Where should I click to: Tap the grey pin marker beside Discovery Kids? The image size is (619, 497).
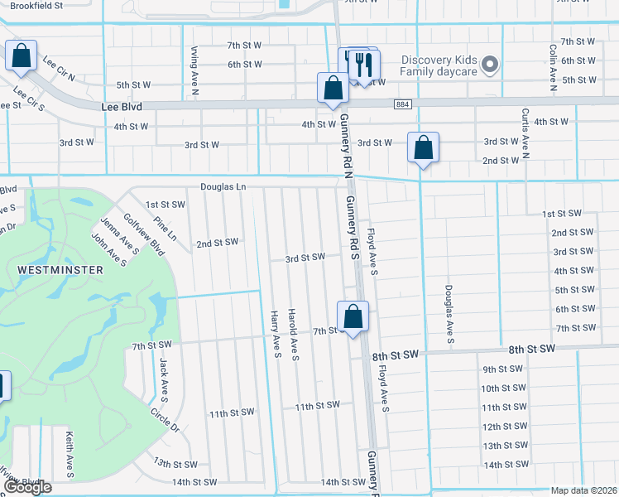(490, 64)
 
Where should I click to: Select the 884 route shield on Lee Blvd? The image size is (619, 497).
(402, 104)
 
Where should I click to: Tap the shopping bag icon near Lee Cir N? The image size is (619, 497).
(21, 55)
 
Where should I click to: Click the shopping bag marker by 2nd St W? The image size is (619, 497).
(423, 147)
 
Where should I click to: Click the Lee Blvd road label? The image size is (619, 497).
(122, 107)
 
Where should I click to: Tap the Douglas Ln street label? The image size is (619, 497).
(223, 187)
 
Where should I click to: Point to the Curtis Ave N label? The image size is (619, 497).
(525, 131)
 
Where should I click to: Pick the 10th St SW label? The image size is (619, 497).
(502, 388)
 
